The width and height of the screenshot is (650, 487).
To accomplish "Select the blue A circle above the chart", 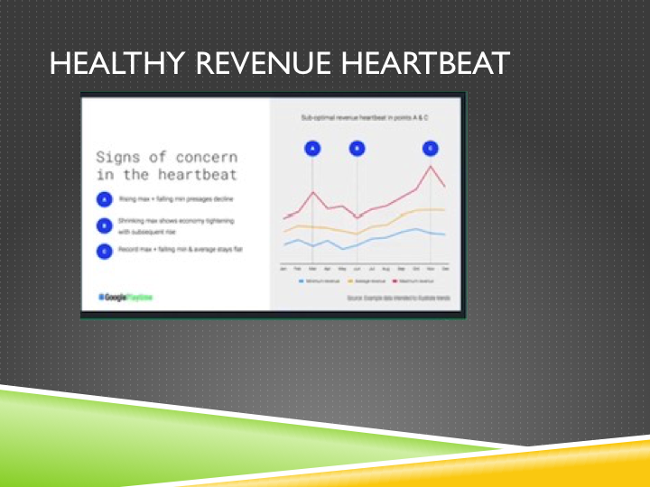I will pyautogui.click(x=313, y=148).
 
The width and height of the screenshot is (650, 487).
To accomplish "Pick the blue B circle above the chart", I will pyautogui.click(x=357, y=148).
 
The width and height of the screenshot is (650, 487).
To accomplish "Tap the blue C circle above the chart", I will pyautogui.click(x=431, y=148).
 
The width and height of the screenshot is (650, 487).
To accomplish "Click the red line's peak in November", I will pyautogui.click(x=431, y=166).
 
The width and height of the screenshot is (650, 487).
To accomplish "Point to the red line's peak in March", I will pyautogui.click(x=313, y=192).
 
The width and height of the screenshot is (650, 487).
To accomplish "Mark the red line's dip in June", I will pyautogui.click(x=357, y=217).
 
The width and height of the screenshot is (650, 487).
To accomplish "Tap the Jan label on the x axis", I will pyautogui.click(x=284, y=269).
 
